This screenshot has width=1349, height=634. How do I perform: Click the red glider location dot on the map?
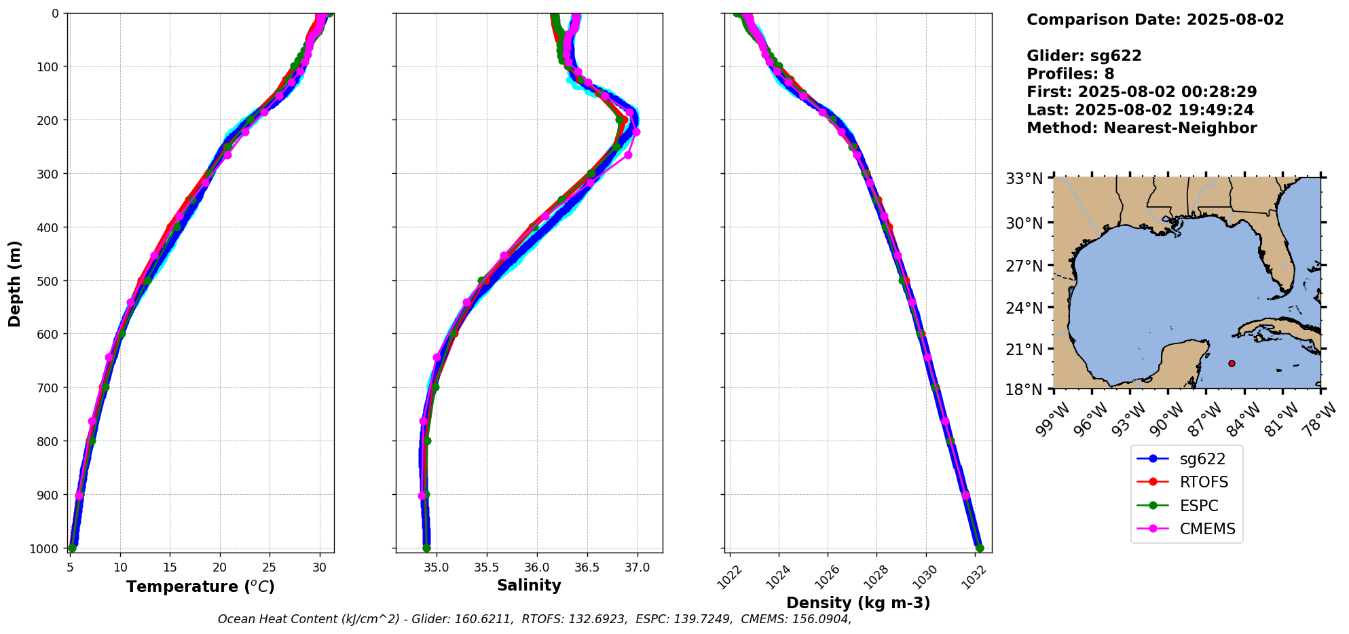[1232, 363]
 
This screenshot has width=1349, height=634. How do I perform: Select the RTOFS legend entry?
[1204, 483]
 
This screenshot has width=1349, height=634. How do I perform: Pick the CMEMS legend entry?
[1207, 529]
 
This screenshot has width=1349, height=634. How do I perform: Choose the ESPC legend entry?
[1199, 506]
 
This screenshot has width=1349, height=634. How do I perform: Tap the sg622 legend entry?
[1202, 460]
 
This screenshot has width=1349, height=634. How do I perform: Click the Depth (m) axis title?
[15, 284]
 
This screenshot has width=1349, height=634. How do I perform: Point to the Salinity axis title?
[529, 586]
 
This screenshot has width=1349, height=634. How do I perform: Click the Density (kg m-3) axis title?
[858, 603]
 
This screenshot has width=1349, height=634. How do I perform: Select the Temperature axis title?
[200, 586]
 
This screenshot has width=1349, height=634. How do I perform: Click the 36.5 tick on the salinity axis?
[587, 567]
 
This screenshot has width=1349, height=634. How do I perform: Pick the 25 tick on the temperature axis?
[270, 567]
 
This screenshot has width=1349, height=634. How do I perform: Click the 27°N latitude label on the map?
[1024, 266]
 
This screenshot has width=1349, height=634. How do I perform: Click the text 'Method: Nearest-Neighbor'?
[1141, 128]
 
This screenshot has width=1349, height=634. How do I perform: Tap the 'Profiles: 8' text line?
[1070, 74]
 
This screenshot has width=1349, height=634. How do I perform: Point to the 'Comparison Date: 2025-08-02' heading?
[1155, 20]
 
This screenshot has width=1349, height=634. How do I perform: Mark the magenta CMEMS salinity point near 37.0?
[636, 132]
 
